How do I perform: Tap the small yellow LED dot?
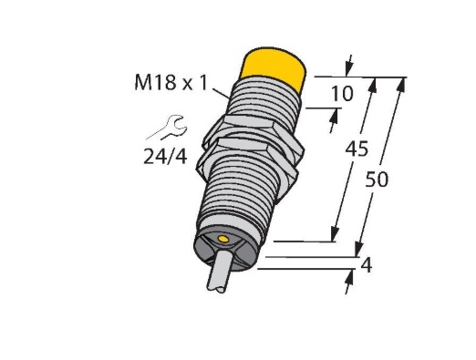pyautogui.click(x=223, y=240)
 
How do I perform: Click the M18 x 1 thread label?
pyautogui.click(x=171, y=83)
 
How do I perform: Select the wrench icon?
pyautogui.click(x=168, y=127)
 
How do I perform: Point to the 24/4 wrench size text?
pyautogui.click(x=165, y=157)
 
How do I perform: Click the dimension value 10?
pyautogui.click(x=342, y=93)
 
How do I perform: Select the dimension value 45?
pyautogui.click(x=357, y=149)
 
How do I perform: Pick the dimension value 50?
pyautogui.click(x=377, y=180)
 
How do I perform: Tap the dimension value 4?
pyautogui.click(x=366, y=265)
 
